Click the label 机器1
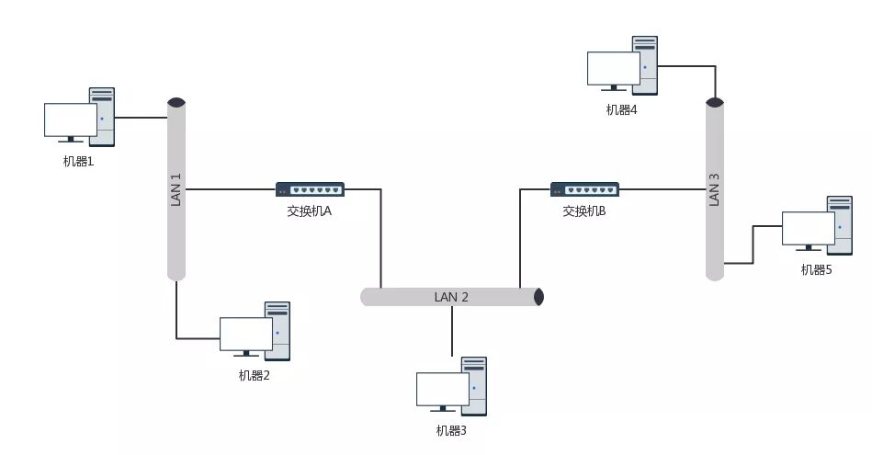78,162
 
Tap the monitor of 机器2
245,335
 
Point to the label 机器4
621,109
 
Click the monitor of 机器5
808,229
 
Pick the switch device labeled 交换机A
310,189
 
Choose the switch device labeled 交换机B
584,189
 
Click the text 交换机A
309,211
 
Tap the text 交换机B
584,211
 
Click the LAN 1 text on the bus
176,188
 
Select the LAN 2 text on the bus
451,297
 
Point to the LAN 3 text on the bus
715,188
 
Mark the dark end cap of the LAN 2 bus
539,297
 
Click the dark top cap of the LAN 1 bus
176,102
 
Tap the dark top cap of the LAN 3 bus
715,104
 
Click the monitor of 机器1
71,120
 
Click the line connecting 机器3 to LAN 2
451,331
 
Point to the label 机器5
816,269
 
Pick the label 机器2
254,375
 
